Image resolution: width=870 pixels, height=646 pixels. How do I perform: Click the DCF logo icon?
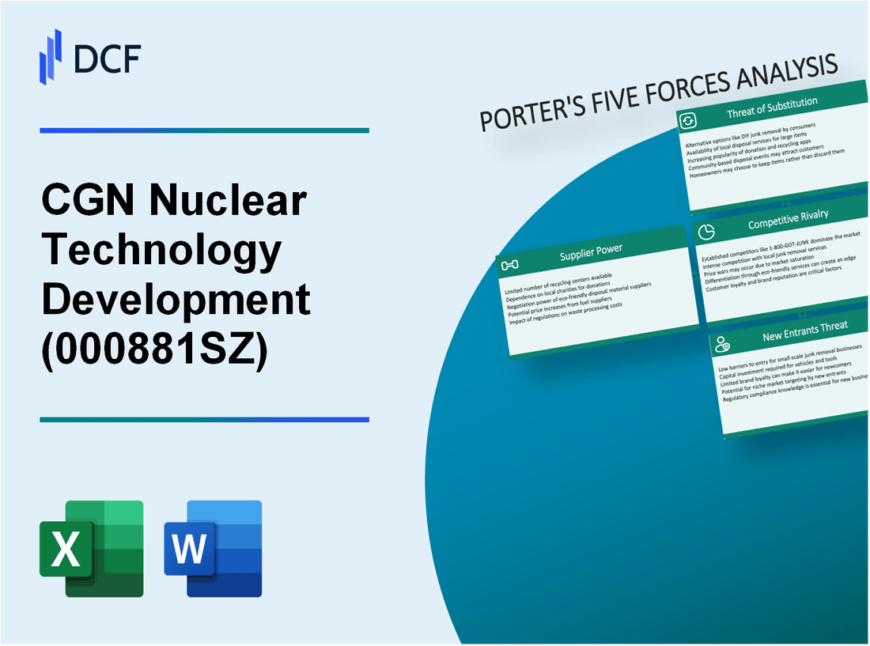[x=51, y=56]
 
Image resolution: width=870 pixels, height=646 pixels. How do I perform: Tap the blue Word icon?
[x=213, y=548]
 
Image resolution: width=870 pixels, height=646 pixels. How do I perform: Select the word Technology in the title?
[x=161, y=251]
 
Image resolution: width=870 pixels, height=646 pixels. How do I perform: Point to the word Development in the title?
[x=176, y=301]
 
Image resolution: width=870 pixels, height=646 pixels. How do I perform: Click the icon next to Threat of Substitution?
[x=687, y=120]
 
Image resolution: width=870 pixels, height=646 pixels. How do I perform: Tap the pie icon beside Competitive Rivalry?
[x=707, y=232]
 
